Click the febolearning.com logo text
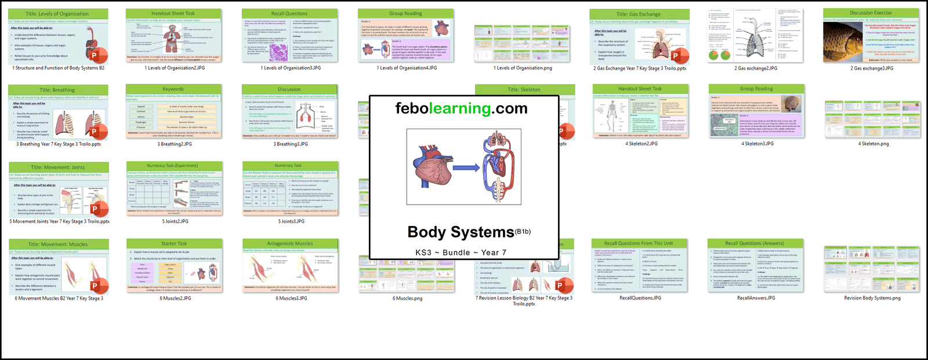(461, 108)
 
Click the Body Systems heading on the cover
(461, 232)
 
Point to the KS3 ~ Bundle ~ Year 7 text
(461, 253)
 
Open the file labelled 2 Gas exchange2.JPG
(755, 68)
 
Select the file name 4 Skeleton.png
(873, 144)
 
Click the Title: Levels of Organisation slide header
(57, 14)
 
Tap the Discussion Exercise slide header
(871, 13)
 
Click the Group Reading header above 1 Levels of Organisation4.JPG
(405, 13)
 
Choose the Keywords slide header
(173, 89)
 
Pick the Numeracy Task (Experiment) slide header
(174, 166)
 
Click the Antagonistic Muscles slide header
(290, 243)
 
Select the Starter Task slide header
(174, 243)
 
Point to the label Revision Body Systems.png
(872, 298)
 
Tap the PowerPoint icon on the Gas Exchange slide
(676, 56)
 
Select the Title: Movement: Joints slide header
(58, 168)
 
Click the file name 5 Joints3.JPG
(291, 221)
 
